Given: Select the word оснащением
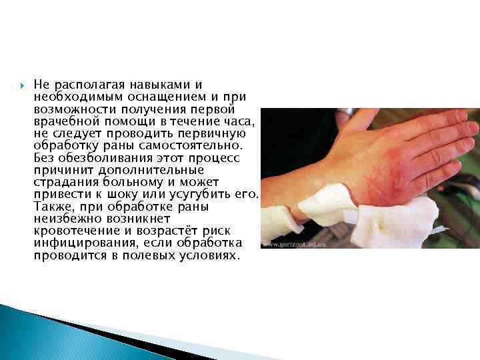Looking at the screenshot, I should click(134, 97).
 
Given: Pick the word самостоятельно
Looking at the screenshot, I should click(201, 145).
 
